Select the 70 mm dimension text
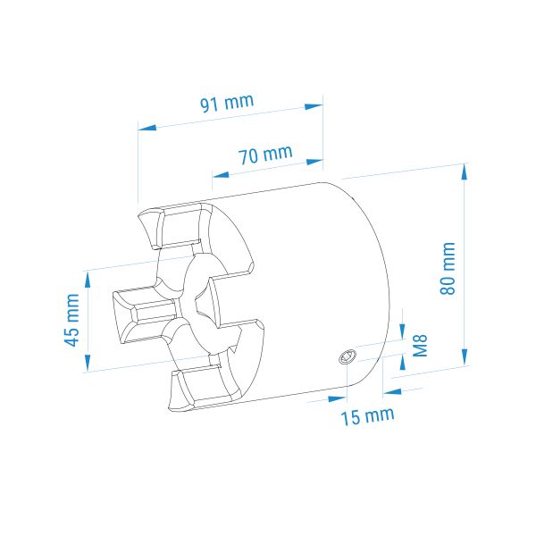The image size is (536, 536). click(265, 155)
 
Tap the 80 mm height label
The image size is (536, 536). click(448, 268)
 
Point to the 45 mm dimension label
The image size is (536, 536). click(71, 320)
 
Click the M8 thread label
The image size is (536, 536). click(420, 346)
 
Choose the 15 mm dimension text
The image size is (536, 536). click(367, 416)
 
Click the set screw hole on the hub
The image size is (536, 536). click(348, 357)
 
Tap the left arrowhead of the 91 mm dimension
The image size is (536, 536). click(147, 128)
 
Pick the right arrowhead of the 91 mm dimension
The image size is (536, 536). click(314, 106)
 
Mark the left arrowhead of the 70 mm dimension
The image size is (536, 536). click(221, 175)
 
